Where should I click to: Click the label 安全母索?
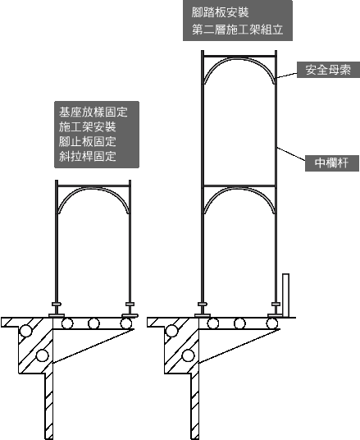pyautogui.click(x=328, y=70)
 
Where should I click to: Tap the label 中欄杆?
pyautogui.click(x=331, y=163)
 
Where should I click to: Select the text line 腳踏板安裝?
pyautogui.click(x=220, y=12)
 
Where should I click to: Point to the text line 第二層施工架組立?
pyautogui.click(x=238, y=30)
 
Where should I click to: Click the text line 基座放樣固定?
pyautogui.click(x=93, y=112)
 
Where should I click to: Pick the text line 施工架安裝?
pyautogui.click(x=87, y=127)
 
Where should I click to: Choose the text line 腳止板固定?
pyautogui.click(x=87, y=141)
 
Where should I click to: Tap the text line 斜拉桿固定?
pyautogui.click(x=87, y=156)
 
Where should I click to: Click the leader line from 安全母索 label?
pyautogui.click(x=287, y=76)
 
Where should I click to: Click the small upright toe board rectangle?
pyautogui.click(x=285, y=296)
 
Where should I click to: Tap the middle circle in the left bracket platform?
pyautogui.click(x=93, y=323)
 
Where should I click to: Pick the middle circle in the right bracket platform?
pyautogui.click(x=239, y=323)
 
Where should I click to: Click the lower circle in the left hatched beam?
pyautogui.click(x=42, y=355)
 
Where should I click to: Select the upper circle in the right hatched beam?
pyautogui.click(x=171, y=331)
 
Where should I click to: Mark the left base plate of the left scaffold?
pyautogui.click(x=57, y=316)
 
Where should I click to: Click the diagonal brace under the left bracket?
pyautogui.click(x=93, y=346)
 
